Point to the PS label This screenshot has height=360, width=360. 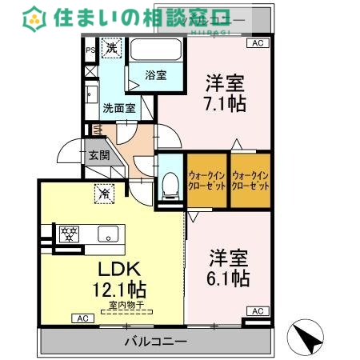coord(90,49)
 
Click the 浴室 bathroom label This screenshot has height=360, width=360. coord(155,75)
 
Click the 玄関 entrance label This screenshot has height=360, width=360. coord(99,155)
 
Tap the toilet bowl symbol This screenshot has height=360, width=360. coord(169,187)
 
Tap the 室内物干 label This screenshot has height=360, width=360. coord(122,305)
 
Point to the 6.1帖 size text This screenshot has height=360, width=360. coord(230,278)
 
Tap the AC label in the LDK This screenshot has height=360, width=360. coord(81,318)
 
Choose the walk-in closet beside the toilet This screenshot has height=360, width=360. coord(206,180)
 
